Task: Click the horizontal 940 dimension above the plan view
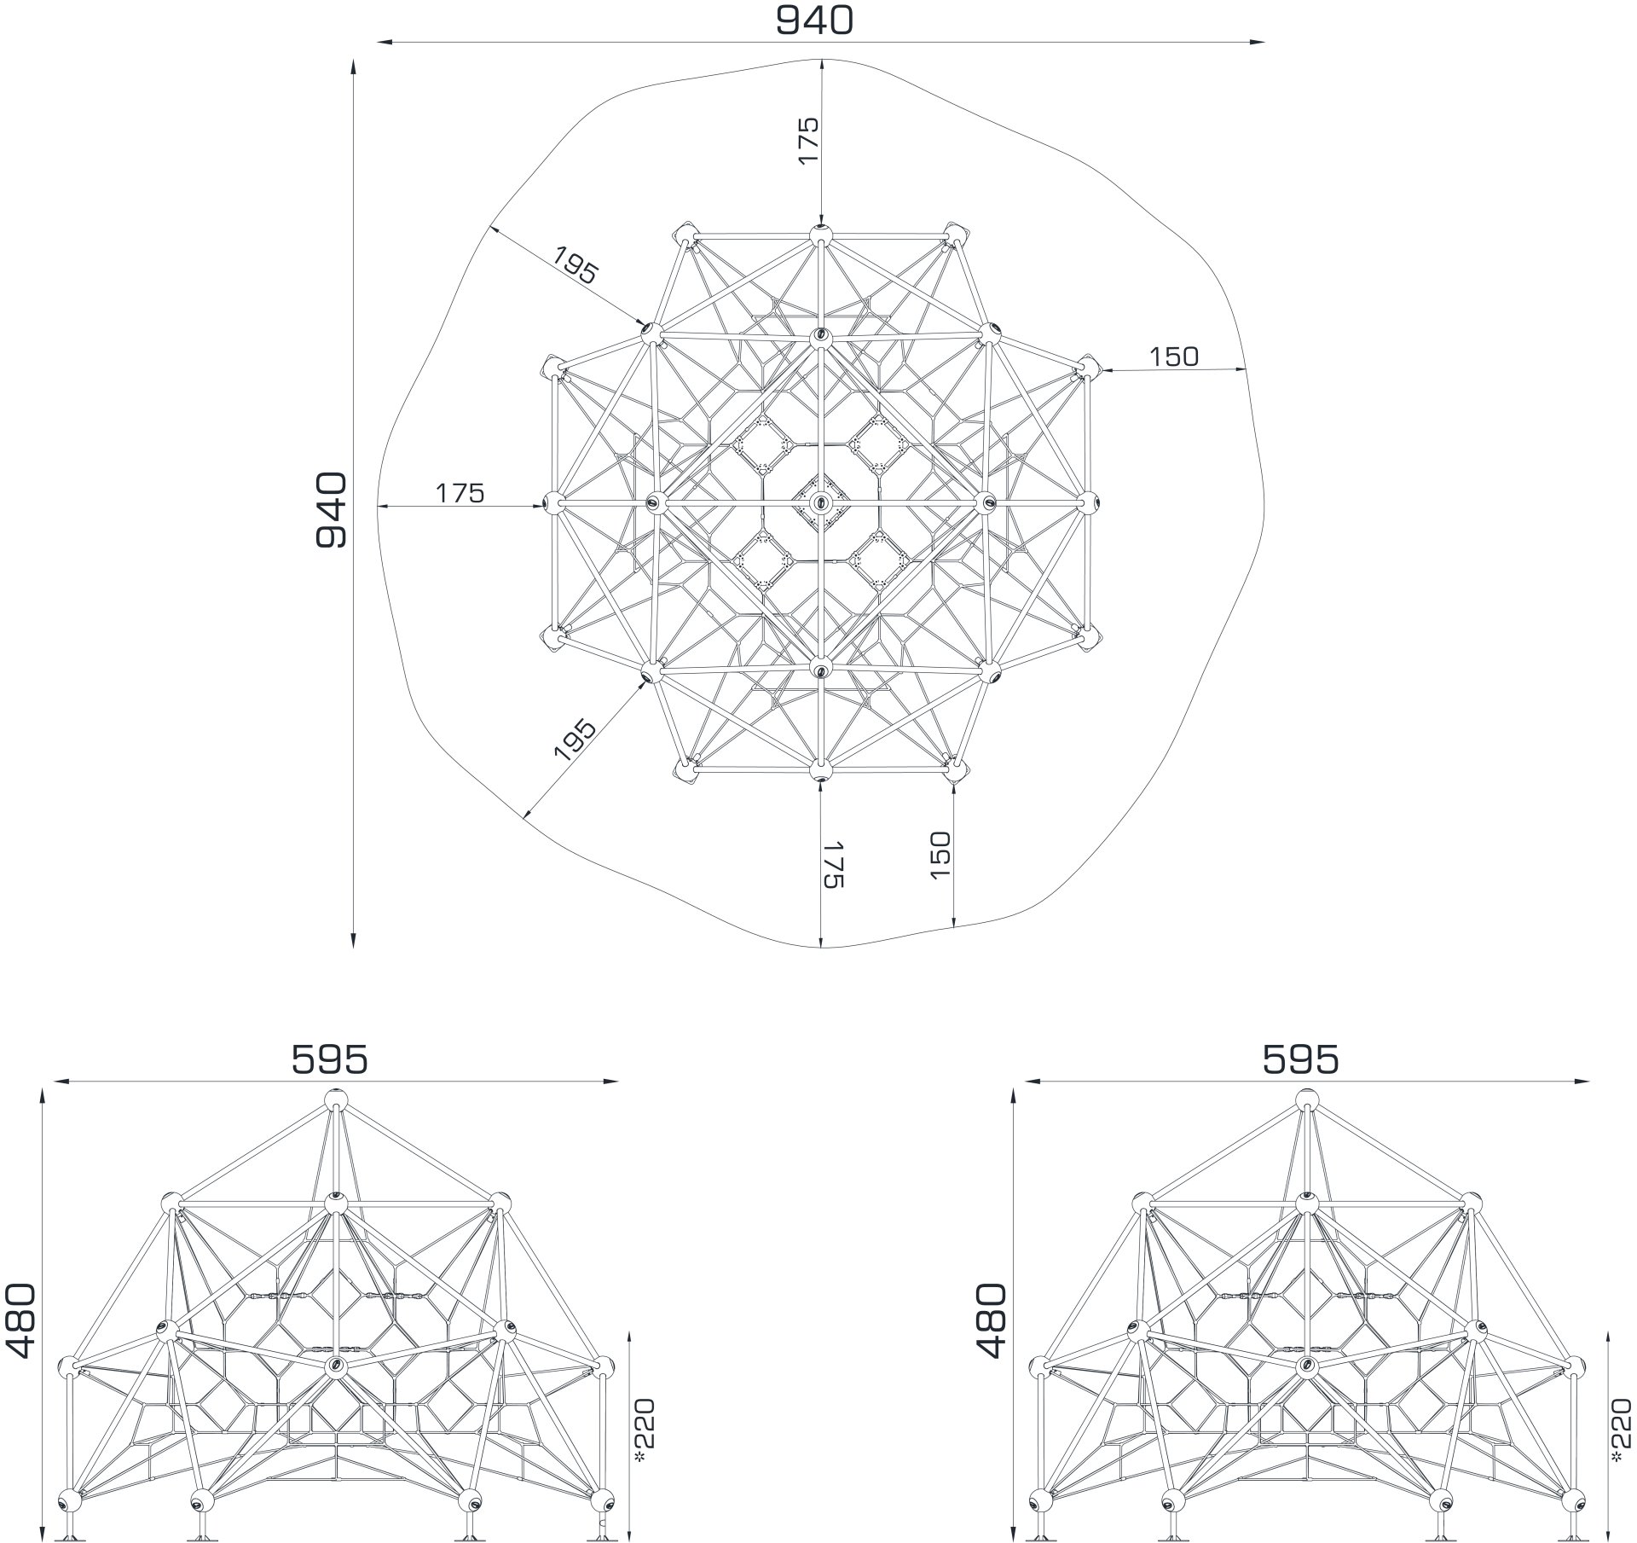[x=813, y=20]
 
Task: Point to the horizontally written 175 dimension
[x=460, y=493]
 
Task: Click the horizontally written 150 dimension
[x=1173, y=357]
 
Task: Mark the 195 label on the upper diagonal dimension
[x=576, y=264]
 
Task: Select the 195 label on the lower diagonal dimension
[x=575, y=740]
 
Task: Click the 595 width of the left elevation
[x=330, y=1059]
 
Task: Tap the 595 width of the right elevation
[x=1300, y=1059]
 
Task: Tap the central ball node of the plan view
[x=820, y=502]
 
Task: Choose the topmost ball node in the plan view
[x=820, y=235]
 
